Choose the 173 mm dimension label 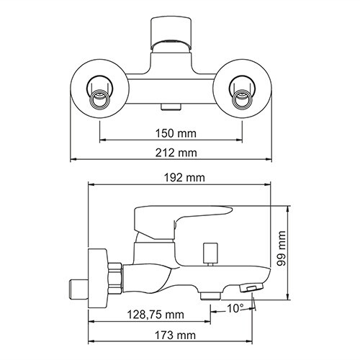(176, 336)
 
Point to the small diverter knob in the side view (210, 253)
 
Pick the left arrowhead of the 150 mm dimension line (102, 140)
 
